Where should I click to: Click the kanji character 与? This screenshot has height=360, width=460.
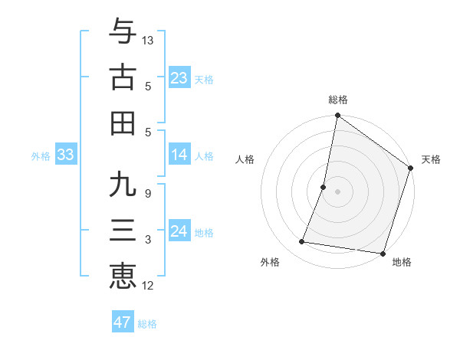pyautogui.click(x=123, y=33)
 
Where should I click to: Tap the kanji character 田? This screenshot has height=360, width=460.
pyautogui.click(x=123, y=122)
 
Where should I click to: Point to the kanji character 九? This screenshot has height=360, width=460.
pyautogui.click(x=123, y=186)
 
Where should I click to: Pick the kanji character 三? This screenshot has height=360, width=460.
pyautogui.click(x=123, y=230)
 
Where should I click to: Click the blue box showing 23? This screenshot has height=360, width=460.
pyautogui.click(x=179, y=77)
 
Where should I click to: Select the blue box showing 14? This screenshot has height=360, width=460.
pyautogui.click(x=179, y=155)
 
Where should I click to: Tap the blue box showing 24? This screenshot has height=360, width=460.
pyautogui.click(x=179, y=231)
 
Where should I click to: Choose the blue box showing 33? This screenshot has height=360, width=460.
pyautogui.click(x=65, y=155)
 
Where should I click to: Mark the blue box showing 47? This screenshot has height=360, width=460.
pyautogui.click(x=123, y=322)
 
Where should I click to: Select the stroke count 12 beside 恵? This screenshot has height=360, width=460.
pyautogui.click(x=148, y=286)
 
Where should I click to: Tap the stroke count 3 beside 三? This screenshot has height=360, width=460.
pyautogui.click(x=147, y=240)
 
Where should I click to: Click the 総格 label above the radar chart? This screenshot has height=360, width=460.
pyautogui.click(x=337, y=100)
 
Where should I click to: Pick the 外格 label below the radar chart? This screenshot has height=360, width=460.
pyautogui.click(x=270, y=262)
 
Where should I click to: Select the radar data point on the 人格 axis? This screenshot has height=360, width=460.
pyautogui.click(x=324, y=187)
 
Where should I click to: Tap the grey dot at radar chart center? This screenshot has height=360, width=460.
pyautogui.click(x=337, y=191)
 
